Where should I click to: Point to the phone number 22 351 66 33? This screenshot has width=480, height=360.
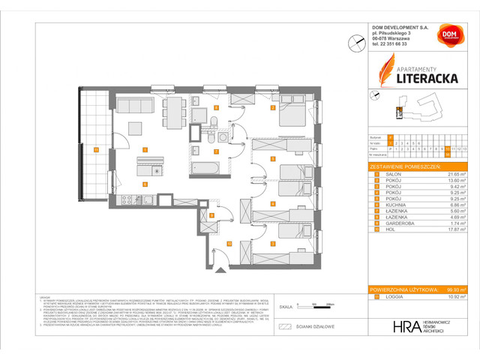coord(400,43)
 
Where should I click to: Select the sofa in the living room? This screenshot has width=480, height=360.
coord(136,106)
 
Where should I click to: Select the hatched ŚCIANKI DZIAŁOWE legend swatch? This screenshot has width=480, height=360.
coord(283,328)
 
